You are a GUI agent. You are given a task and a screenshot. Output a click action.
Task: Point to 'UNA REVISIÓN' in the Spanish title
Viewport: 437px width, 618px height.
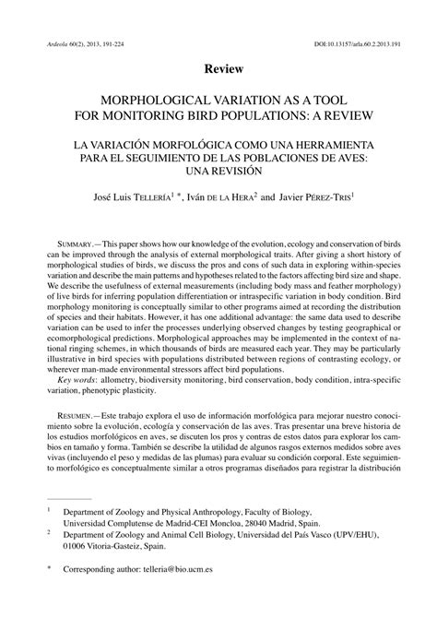218,172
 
